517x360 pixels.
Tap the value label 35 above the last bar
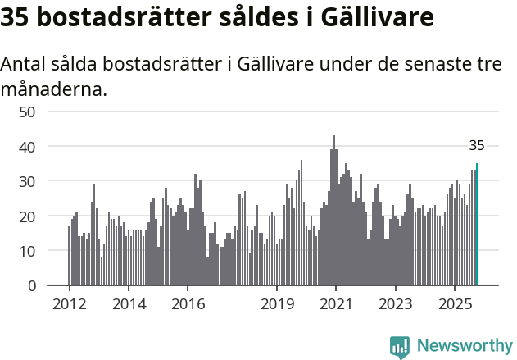point(477,146)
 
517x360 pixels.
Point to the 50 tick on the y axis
point(27,112)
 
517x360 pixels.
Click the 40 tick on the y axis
point(27,147)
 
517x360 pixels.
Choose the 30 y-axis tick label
point(27,181)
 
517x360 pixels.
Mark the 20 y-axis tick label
point(27,216)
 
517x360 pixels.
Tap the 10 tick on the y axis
point(27,251)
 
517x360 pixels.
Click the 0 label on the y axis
point(31,286)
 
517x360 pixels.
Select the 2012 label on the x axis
point(69,303)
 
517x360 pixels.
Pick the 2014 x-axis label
point(128,303)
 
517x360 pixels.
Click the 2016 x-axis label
point(188,303)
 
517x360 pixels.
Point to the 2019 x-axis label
point(277,303)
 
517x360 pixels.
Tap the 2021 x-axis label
point(336,303)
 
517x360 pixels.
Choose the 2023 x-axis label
point(396,303)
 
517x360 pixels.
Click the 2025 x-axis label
point(455,303)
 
